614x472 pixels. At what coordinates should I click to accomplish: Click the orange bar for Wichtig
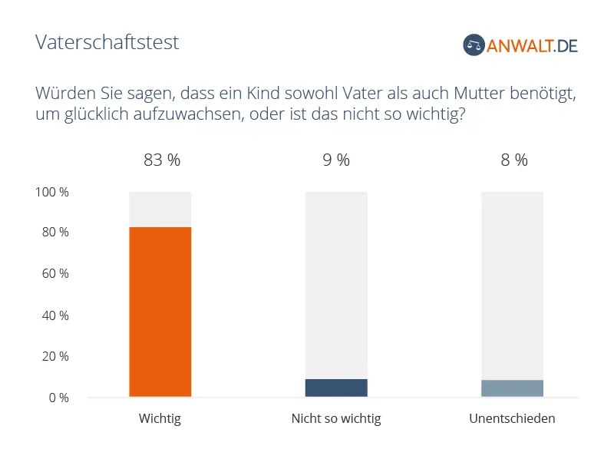(160, 312)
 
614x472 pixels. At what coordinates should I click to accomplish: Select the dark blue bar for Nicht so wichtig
(336, 388)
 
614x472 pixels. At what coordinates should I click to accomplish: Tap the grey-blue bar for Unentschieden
(512, 388)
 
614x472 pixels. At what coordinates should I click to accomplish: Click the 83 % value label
(162, 160)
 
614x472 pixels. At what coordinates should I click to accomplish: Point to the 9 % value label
(336, 160)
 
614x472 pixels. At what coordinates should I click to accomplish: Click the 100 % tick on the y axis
(52, 193)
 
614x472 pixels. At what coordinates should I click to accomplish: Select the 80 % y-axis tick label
(54, 233)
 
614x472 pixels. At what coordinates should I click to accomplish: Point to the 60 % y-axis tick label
(54, 274)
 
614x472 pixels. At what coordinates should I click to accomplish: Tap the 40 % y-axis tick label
(54, 315)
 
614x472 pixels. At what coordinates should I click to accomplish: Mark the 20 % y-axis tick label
(54, 357)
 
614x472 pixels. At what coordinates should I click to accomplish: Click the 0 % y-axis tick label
(58, 398)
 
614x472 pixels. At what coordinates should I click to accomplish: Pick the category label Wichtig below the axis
(160, 419)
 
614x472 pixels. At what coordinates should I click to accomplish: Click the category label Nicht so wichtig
(336, 419)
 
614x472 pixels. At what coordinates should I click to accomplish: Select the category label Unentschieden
(512, 419)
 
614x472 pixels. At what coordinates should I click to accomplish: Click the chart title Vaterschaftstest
(107, 42)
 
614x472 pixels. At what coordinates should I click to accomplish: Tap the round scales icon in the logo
(474, 45)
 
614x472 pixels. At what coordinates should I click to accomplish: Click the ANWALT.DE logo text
(533, 45)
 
